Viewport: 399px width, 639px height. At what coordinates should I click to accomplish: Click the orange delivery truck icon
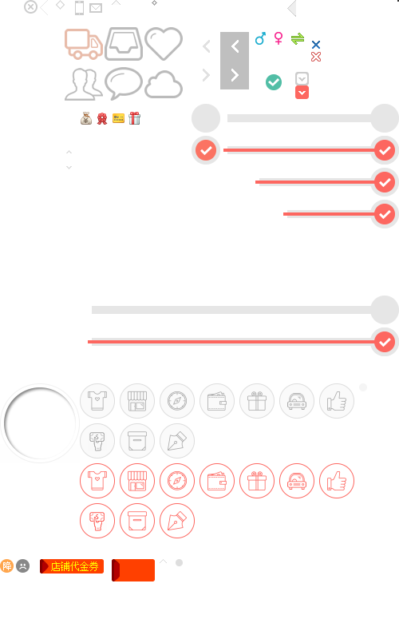pyautogui.click(x=84, y=44)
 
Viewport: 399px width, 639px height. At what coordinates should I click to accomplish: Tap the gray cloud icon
pyautogui.click(x=164, y=85)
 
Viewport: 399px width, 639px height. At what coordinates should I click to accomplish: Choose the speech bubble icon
pyautogui.click(x=124, y=83)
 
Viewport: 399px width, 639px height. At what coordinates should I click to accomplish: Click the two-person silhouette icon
pyautogui.click(x=84, y=85)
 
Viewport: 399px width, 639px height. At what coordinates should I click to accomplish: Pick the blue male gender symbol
pyautogui.click(x=260, y=38)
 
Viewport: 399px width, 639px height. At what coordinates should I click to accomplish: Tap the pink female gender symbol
pyautogui.click(x=279, y=38)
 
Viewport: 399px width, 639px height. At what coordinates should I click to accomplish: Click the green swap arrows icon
pyautogui.click(x=298, y=38)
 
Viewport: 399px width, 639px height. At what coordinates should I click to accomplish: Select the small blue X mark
pyautogui.click(x=316, y=45)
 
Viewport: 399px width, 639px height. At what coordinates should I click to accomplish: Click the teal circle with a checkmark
pyautogui.click(x=274, y=82)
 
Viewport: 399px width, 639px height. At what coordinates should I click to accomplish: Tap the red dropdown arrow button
pyautogui.click(x=302, y=93)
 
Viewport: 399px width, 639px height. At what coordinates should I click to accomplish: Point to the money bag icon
pyautogui.click(x=86, y=118)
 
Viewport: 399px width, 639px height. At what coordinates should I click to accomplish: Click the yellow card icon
pyautogui.click(x=118, y=118)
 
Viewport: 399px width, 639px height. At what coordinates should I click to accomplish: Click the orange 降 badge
pyautogui.click(x=7, y=566)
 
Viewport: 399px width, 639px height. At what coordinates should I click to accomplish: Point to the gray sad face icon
pyautogui.click(x=23, y=566)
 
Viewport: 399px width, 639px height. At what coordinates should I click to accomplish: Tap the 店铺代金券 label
pyautogui.click(x=74, y=566)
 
